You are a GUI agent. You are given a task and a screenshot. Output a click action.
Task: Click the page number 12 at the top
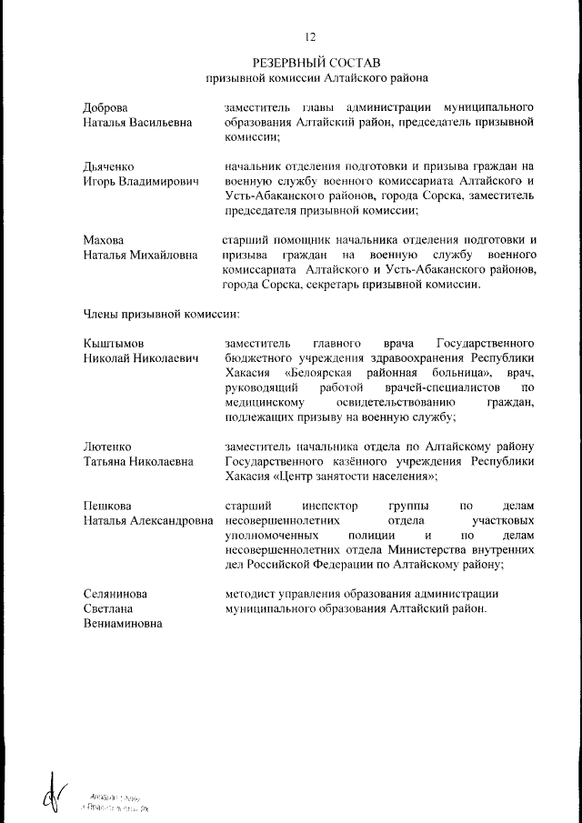click(310, 36)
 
